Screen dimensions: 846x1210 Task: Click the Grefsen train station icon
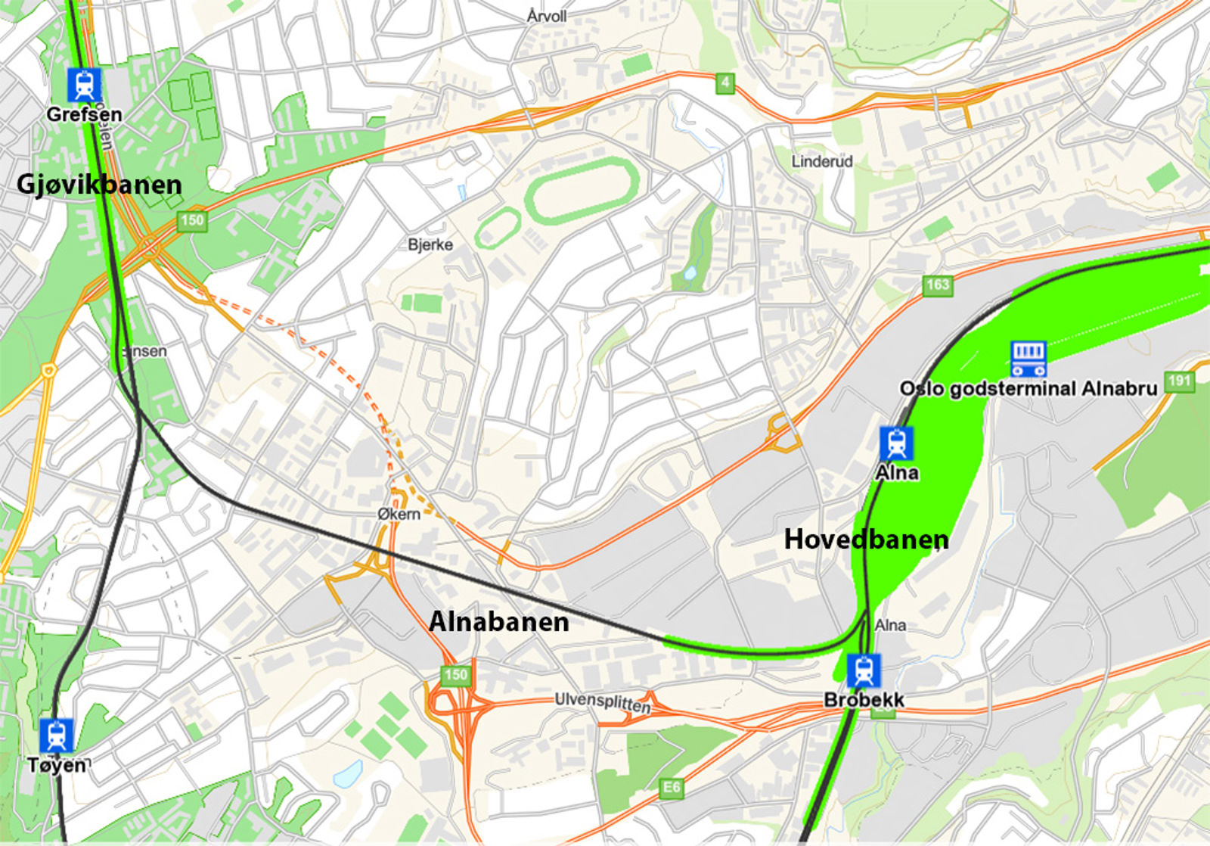(84, 85)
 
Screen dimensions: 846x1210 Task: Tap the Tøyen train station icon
(57, 736)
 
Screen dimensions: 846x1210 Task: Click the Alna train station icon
(896, 443)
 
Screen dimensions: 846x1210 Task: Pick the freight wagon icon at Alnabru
(1028, 359)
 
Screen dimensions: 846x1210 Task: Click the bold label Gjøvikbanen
(99, 185)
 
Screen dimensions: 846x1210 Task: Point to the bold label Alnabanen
(498, 622)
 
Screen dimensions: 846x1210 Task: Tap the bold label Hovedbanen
(866, 540)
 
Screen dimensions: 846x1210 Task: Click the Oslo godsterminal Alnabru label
(1028, 389)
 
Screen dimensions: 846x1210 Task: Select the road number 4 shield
(724, 82)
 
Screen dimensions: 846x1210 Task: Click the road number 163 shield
(937, 285)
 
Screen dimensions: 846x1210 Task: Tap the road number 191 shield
(1179, 381)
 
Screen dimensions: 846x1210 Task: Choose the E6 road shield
(671, 788)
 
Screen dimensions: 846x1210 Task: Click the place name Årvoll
(547, 16)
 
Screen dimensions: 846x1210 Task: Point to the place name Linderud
(821, 161)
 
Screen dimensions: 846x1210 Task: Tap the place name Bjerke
(430, 244)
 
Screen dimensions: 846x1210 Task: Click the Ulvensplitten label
(602, 702)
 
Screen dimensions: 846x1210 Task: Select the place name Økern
(399, 514)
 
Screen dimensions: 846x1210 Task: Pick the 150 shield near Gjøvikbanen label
(191, 220)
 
